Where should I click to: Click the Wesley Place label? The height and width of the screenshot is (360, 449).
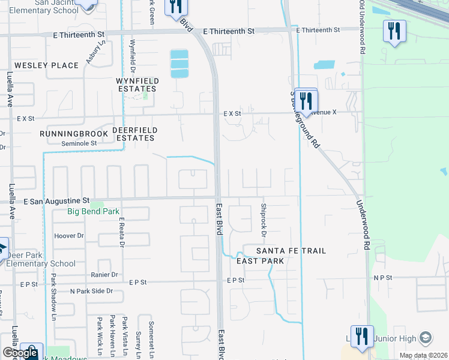pyautogui.click(x=46, y=65)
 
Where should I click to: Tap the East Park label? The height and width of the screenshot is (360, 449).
pyautogui.click(x=260, y=261)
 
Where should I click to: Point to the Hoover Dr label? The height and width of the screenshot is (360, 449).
pyautogui.click(x=68, y=236)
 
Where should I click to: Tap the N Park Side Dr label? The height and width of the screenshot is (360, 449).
pyautogui.click(x=91, y=291)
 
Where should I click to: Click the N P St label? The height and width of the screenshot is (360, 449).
pyautogui.click(x=382, y=278)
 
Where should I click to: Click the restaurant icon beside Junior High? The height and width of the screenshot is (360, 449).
pyautogui.click(x=362, y=337)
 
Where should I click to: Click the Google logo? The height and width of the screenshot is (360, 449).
pyautogui.click(x=20, y=353)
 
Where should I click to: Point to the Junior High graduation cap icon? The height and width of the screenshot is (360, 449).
pyautogui.click(x=425, y=337)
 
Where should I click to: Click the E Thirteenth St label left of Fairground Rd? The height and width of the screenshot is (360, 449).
pyautogui.click(x=229, y=31)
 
